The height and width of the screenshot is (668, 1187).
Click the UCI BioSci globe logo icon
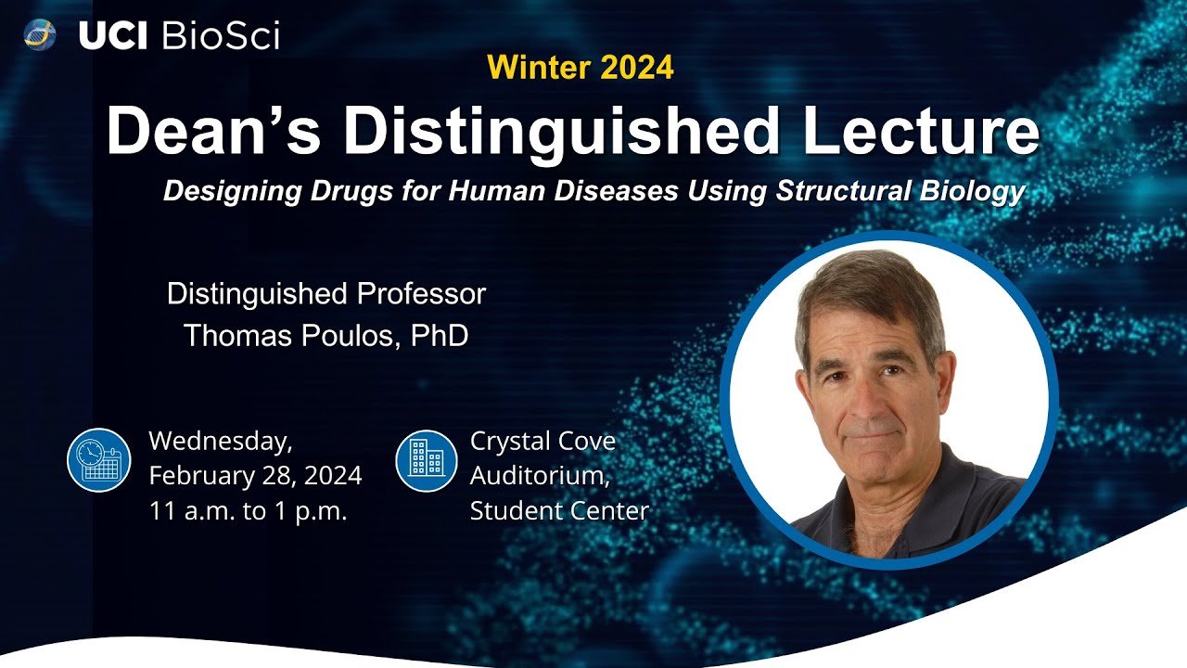[40, 35]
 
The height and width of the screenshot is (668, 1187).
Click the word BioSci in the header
[221, 35]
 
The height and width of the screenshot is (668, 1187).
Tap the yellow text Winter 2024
[580, 67]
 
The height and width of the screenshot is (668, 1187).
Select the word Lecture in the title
[921, 133]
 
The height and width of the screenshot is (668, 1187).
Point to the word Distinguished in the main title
[575, 133]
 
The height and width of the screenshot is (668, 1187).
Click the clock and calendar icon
[99, 459]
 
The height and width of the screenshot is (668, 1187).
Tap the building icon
[427, 459]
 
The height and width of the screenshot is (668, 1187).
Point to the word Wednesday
[221, 440]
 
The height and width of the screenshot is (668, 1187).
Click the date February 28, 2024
[255, 476]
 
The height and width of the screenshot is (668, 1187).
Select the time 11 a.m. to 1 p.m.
[248, 511]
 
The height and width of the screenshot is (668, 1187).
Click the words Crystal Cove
[542, 441]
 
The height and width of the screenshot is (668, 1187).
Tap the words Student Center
[559, 511]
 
